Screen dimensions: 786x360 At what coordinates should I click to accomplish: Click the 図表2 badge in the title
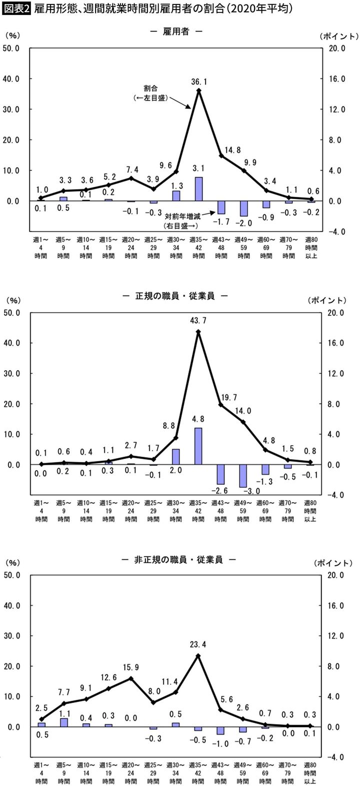tap(16, 8)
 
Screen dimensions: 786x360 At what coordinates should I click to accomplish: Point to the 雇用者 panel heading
tap(175, 31)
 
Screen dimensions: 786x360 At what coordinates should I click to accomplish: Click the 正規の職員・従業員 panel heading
tap(175, 296)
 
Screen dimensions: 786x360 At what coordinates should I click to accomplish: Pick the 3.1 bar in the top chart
tap(198, 189)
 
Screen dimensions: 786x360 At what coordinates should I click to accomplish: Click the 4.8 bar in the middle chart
tap(198, 446)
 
